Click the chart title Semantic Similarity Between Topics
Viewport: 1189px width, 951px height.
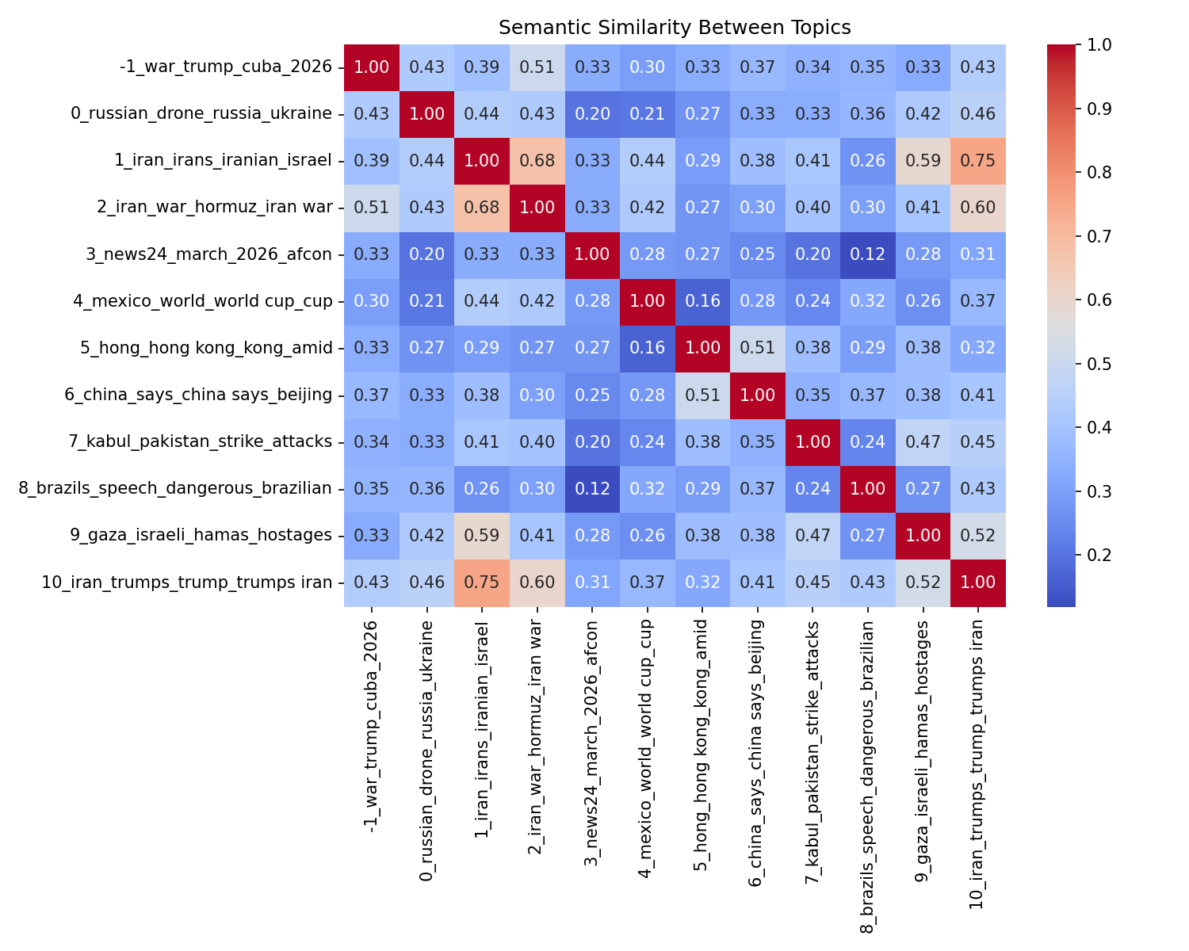(675, 28)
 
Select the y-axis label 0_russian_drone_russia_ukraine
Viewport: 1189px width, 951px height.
(201, 113)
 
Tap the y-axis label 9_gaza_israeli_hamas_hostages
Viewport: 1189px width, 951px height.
(201, 536)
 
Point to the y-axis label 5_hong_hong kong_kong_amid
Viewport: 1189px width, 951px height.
(206, 348)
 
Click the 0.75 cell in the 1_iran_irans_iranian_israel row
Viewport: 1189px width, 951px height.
(978, 161)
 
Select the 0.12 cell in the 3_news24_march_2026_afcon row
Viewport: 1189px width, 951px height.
(868, 254)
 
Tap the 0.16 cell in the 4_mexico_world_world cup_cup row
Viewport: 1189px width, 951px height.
(702, 301)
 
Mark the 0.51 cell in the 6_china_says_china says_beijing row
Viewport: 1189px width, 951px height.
(702, 395)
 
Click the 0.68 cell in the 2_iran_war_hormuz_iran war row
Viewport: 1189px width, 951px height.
(482, 208)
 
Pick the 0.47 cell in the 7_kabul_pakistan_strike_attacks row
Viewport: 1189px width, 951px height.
(923, 441)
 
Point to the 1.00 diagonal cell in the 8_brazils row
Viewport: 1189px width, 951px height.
(868, 488)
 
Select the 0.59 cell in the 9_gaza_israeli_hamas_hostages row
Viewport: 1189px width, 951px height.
(482, 536)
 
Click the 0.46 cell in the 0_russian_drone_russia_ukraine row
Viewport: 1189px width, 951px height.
(978, 113)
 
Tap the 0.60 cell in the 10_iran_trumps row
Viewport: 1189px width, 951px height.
(537, 582)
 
